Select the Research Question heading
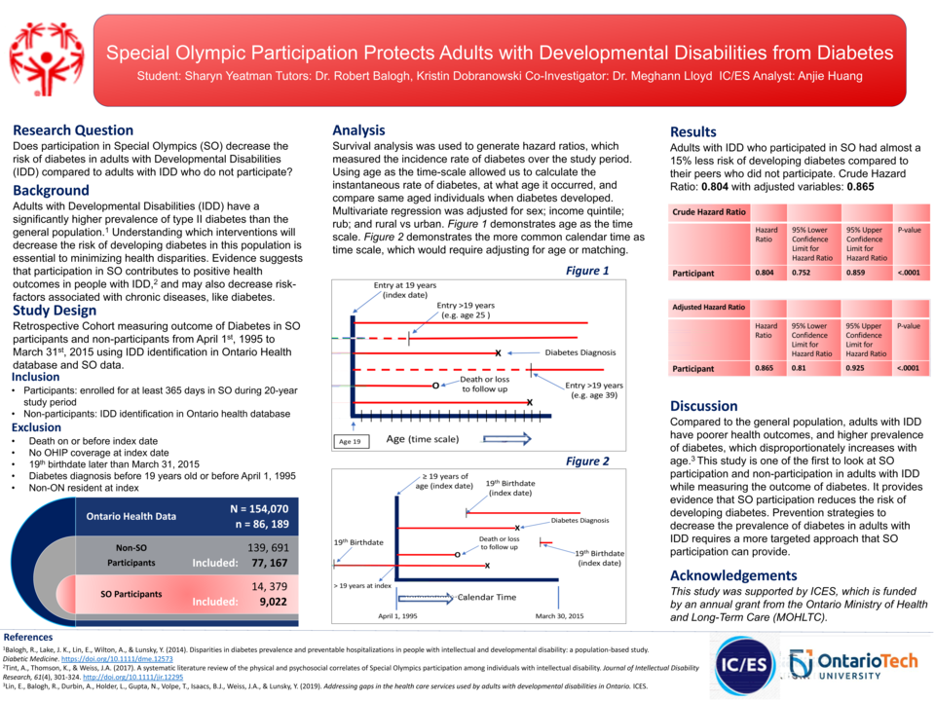pyautogui.click(x=73, y=130)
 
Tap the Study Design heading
pyautogui.click(x=55, y=311)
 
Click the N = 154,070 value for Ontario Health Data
pyautogui.click(x=259, y=508)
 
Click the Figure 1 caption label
pyautogui.click(x=587, y=271)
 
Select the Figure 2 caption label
pyautogui.click(x=587, y=461)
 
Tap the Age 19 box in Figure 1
pyautogui.click(x=350, y=441)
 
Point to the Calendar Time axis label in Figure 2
pyautogui.click(x=487, y=597)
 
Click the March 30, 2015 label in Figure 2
pyautogui.click(x=560, y=616)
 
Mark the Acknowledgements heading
pyautogui.click(x=733, y=575)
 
